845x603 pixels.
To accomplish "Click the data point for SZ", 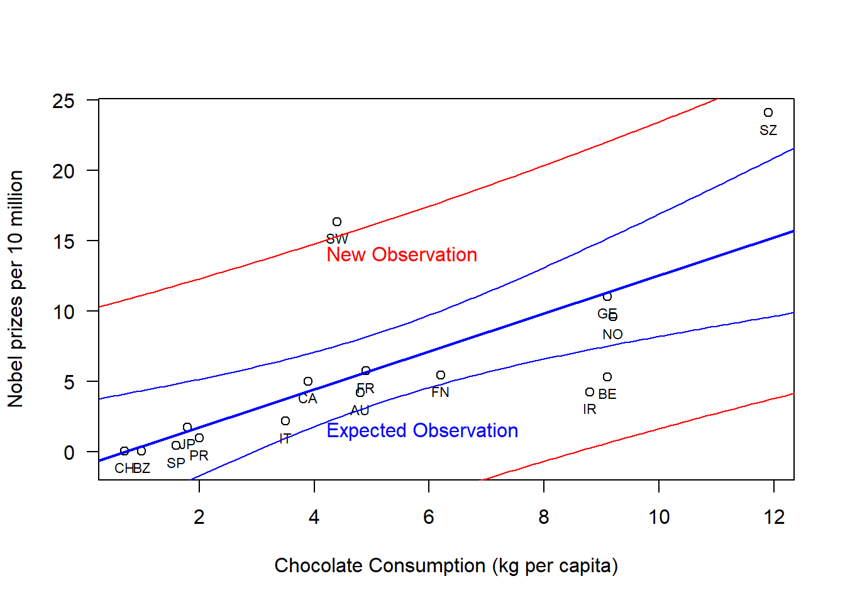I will click(x=768, y=112).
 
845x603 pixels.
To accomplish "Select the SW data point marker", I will click(x=337, y=222).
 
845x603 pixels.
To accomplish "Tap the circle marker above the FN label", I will click(x=441, y=375).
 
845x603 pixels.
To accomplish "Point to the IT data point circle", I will click(x=285, y=421).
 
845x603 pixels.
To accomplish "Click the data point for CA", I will click(x=308, y=381).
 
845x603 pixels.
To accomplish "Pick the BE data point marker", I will click(x=607, y=377).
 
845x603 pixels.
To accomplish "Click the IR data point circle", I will click(x=590, y=392).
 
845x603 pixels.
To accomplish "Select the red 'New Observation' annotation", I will click(x=402, y=254).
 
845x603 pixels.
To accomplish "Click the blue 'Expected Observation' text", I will click(x=422, y=430).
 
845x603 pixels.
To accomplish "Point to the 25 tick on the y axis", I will click(x=64, y=100).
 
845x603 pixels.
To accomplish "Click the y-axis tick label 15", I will click(x=64, y=241).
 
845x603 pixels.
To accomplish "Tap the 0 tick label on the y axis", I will click(x=69, y=452).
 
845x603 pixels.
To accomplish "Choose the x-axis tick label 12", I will click(x=774, y=517).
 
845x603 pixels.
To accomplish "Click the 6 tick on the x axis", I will click(x=429, y=517).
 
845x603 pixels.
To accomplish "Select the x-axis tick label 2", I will click(x=199, y=517).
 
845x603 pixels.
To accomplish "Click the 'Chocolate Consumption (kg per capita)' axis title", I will click(x=446, y=565).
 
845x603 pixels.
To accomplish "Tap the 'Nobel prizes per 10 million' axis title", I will click(x=16, y=289).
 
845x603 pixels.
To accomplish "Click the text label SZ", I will click(x=768, y=130).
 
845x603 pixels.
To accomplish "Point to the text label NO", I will click(x=612, y=334).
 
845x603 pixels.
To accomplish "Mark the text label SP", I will click(x=176, y=463).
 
